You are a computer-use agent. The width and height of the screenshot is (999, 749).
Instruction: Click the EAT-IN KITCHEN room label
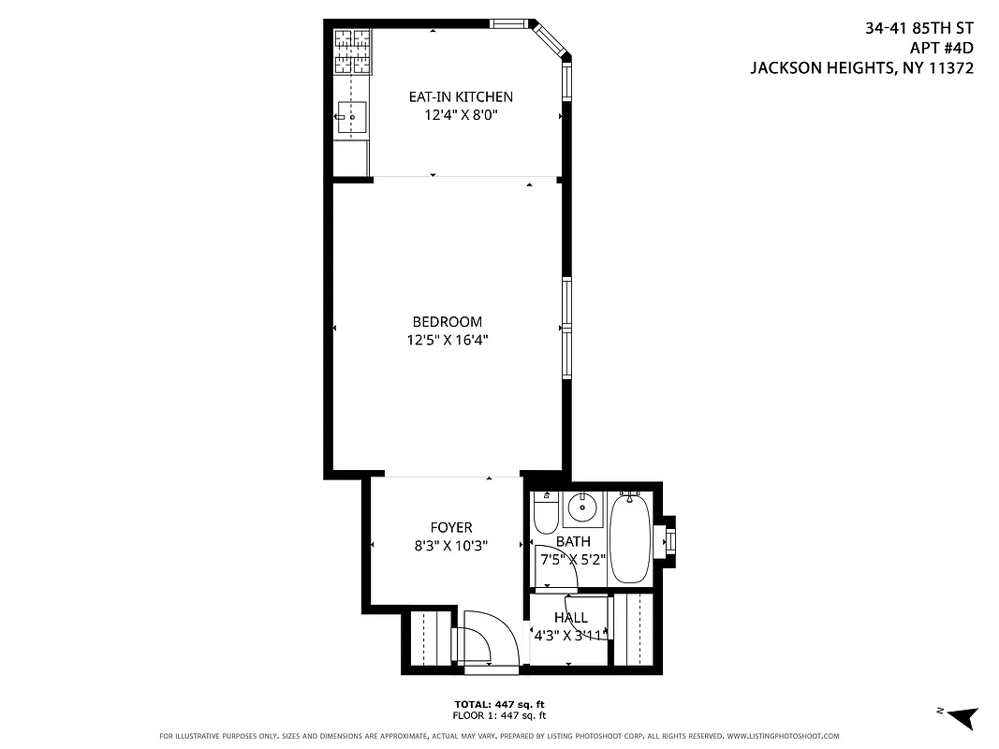pos(460,96)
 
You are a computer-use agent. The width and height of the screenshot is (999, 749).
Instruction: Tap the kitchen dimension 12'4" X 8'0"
pos(460,115)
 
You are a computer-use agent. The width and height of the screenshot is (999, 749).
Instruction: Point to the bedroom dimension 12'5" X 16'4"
pos(447,341)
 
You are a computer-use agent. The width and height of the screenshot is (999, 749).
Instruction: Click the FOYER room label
pos(450,528)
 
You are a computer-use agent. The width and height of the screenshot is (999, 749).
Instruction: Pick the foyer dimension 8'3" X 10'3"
pos(451,546)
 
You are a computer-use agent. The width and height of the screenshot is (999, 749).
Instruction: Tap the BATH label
pos(573,541)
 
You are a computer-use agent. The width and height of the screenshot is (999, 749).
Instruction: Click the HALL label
pos(570,618)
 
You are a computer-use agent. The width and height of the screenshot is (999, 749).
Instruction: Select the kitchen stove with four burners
pos(352,51)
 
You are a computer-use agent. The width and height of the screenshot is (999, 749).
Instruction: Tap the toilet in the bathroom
pos(545,516)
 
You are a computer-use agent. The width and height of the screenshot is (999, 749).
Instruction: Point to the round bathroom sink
pos(582,508)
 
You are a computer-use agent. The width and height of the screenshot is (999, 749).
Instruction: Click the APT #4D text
pos(941,49)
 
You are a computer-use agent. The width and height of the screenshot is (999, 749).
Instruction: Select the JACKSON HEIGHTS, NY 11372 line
pos(861,68)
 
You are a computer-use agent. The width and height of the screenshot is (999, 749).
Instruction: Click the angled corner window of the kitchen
pos(549,39)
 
